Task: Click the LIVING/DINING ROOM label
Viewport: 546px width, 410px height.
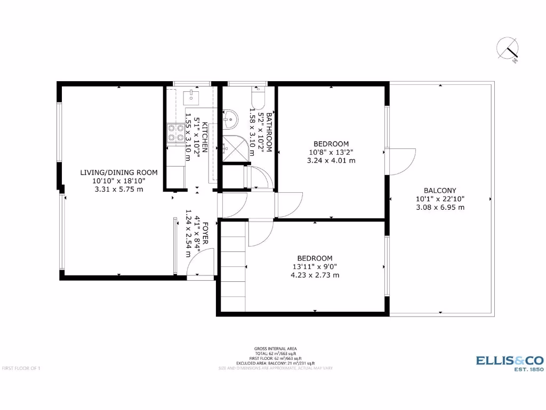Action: (119, 172)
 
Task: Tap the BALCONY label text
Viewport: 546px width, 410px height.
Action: (440, 191)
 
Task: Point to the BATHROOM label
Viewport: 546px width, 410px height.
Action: (269, 133)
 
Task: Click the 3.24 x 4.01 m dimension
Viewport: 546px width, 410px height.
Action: (331, 160)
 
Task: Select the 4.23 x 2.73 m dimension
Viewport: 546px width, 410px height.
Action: (315, 275)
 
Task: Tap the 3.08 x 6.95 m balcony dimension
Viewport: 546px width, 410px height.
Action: (440, 208)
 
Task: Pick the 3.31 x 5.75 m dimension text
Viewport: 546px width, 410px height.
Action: (119, 189)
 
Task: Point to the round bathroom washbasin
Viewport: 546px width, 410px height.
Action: (231, 118)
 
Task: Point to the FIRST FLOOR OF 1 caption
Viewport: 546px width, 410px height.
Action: (22, 368)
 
